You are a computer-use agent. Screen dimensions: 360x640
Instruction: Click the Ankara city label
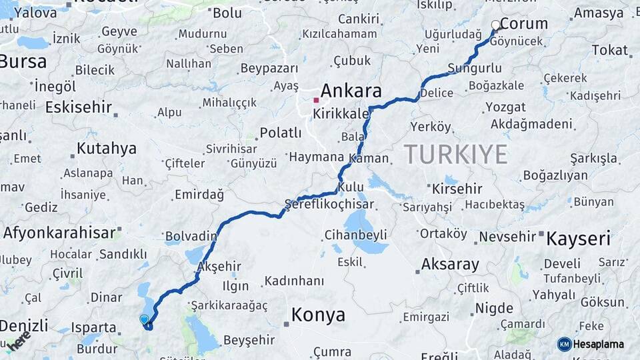coord(351,91)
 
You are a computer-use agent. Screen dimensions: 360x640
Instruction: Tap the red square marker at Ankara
coord(316,101)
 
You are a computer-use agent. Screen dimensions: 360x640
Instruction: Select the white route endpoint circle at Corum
coord(495,25)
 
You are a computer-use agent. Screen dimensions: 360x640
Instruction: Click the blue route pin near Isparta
coord(145,320)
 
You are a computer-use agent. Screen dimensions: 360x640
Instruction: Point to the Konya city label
coord(318,314)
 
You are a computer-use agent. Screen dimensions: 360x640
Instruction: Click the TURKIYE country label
coord(456,154)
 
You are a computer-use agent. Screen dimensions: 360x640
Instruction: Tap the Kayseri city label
coord(579,239)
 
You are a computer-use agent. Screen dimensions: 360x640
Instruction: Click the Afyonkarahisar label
coord(60,233)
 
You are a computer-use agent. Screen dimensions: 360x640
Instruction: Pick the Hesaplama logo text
coord(600,344)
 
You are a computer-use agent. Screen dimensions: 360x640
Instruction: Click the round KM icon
coord(564,344)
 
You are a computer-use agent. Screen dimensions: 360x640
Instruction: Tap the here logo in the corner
coord(19,340)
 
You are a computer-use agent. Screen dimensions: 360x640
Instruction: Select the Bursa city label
coord(23,62)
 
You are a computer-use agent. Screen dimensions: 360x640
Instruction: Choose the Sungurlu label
coord(474,68)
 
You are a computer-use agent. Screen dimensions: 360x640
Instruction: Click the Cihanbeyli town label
coord(355,235)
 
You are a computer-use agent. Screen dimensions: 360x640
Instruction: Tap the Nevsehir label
coord(507,237)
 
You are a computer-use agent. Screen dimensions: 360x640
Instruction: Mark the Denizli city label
coord(24,325)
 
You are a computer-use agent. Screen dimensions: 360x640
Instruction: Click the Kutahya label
coord(107,148)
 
